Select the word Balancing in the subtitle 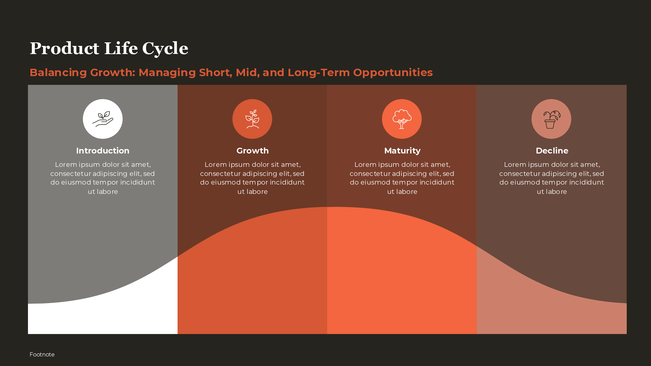click(58, 73)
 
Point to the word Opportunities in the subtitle click(393, 73)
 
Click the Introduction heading click(103, 151)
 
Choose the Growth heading click(252, 151)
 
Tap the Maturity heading click(402, 151)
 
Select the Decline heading click(552, 151)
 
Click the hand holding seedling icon click(103, 119)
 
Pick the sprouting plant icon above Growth click(252, 119)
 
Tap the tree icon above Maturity click(402, 119)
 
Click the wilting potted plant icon click(551, 119)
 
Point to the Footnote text click(42, 354)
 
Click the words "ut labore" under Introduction click(103, 191)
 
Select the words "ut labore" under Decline click(552, 191)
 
